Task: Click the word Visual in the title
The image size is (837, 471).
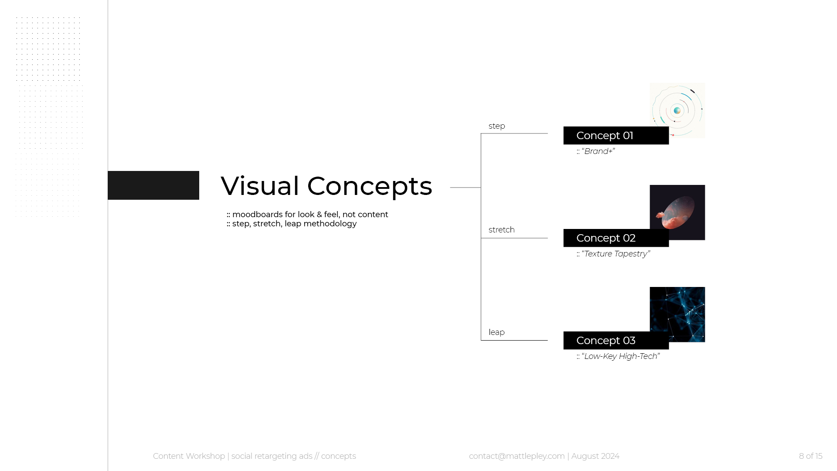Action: [x=260, y=186]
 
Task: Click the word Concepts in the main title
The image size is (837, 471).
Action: [x=369, y=187]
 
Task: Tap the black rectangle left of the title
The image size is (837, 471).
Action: [x=153, y=185]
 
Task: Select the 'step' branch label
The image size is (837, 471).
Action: [x=497, y=126]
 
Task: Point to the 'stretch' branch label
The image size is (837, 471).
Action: [x=501, y=230]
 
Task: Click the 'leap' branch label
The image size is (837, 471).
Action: [x=497, y=332]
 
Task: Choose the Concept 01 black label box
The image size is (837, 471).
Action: [x=616, y=136]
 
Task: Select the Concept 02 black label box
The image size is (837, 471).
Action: [x=616, y=238]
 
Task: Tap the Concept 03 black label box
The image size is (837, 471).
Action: [x=616, y=341]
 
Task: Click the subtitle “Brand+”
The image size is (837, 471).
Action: [x=598, y=151]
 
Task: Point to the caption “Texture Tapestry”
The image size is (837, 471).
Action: [x=616, y=254]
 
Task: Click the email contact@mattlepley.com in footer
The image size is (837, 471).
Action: [x=517, y=456]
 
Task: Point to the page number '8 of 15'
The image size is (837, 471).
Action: [x=810, y=456]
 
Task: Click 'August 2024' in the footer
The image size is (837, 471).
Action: [x=595, y=456]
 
